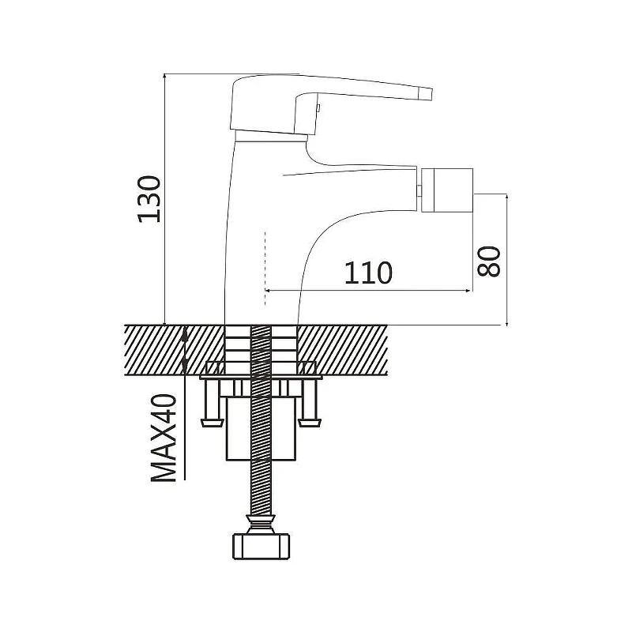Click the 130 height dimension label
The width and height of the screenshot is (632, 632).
(149, 199)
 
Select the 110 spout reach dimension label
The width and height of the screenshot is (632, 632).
(368, 273)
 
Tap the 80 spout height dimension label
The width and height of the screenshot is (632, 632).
(488, 261)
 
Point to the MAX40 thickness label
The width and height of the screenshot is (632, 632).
(164, 438)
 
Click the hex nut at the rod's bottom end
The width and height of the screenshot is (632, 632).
(261, 546)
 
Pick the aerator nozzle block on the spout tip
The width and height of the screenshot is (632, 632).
(447, 190)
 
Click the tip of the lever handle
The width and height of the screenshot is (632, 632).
(430, 93)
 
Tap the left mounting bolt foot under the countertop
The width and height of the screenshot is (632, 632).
(212, 423)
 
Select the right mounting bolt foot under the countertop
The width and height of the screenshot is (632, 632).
(310, 423)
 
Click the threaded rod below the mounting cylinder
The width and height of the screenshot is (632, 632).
(261, 487)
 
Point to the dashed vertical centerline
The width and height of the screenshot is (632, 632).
(265, 269)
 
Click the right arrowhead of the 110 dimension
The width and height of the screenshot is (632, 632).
(468, 290)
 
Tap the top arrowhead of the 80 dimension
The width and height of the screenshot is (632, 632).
(507, 198)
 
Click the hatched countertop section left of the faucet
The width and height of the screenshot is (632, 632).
(174, 350)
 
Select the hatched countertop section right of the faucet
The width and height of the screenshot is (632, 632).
(342, 350)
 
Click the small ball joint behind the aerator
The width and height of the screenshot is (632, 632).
(419, 190)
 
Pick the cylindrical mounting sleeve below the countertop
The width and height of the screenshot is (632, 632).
(261, 428)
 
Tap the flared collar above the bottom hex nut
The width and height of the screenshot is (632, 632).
(261, 524)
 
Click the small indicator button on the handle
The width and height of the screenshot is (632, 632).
(318, 108)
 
